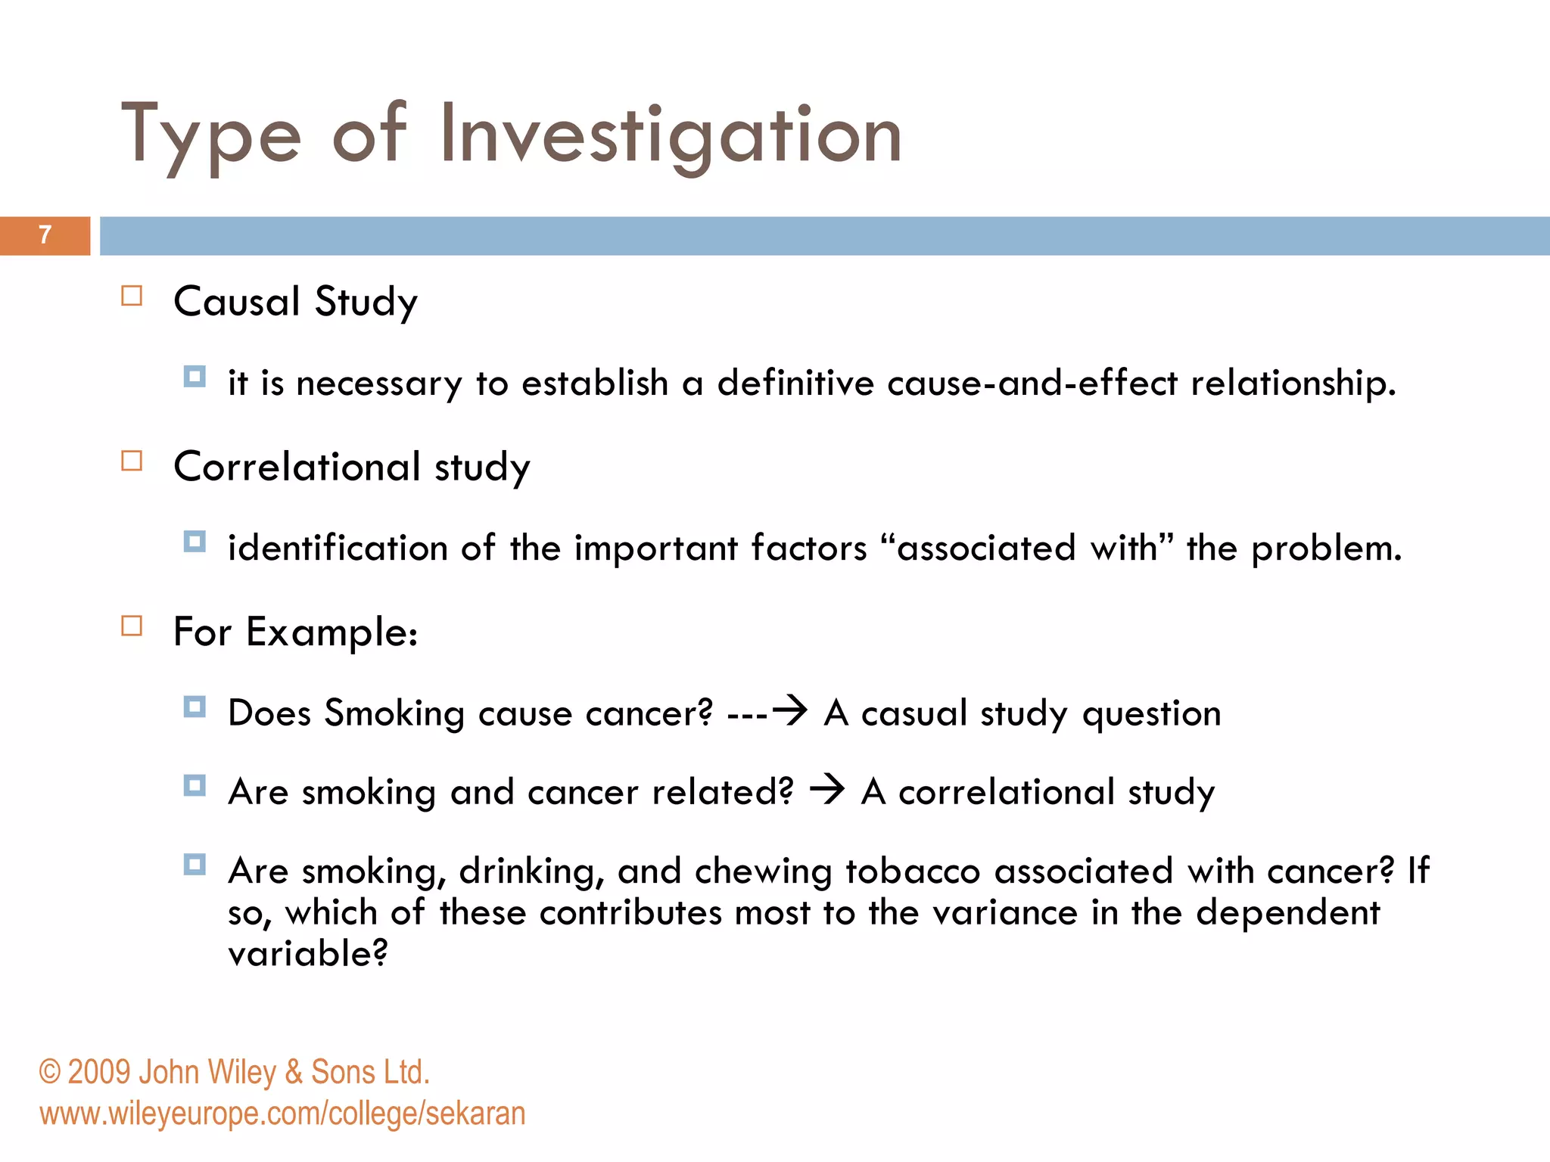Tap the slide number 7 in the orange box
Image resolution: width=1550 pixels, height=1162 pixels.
[x=45, y=235]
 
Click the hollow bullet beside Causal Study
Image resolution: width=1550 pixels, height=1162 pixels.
[x=132, y=296]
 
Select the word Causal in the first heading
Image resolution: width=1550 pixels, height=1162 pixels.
[x=237, y=301]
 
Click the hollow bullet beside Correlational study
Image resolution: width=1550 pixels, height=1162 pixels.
[x=132, y=461]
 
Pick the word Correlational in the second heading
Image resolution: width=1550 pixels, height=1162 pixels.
[x=297, y=466]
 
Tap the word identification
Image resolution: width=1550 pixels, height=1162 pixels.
[x=338, y=548]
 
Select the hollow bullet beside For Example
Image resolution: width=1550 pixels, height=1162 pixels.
[x=132, y=626]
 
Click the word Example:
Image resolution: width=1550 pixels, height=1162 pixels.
[x=331, y=632]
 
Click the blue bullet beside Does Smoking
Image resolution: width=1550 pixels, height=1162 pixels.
[x=195, y=707]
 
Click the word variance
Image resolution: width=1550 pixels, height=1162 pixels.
[x=1004, y=912]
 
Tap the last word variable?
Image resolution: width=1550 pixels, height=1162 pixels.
[x=307, y=953]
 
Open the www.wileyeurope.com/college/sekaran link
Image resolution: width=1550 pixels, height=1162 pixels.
[x=282, y=1114]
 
